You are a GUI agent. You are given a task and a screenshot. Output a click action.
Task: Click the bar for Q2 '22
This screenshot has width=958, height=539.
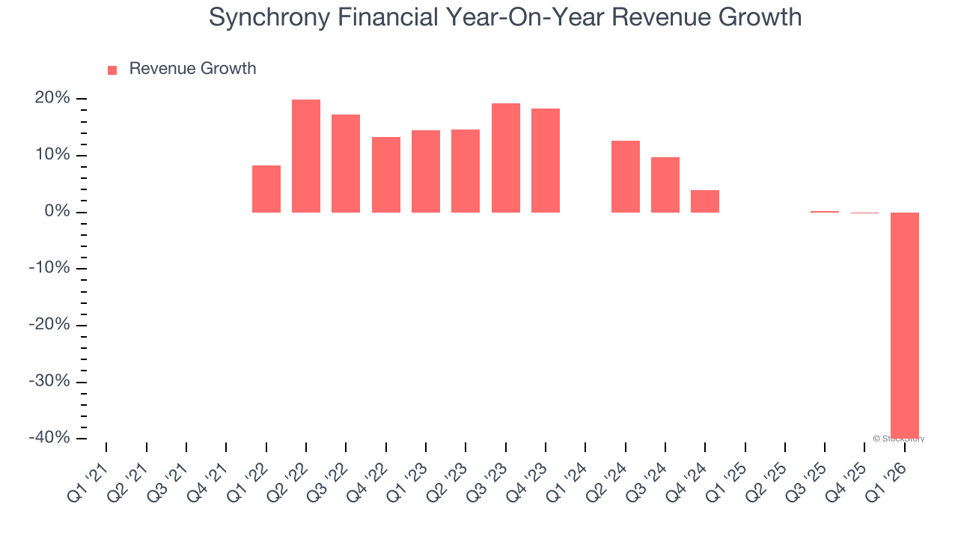click(306, 156)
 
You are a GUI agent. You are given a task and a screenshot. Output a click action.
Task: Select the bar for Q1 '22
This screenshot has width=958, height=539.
click(266, 189)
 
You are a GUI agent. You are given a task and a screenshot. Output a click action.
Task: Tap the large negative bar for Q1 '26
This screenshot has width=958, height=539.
click(904, 325)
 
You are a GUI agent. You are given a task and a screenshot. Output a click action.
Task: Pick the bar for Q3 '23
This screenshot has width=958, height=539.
click(506, 158)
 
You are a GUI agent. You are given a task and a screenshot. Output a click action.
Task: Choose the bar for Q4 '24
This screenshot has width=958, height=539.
click(705, 201)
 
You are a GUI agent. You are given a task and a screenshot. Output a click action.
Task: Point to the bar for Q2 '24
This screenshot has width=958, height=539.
click(626, 177)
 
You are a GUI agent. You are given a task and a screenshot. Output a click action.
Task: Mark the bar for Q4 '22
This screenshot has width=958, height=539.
click(386, 174)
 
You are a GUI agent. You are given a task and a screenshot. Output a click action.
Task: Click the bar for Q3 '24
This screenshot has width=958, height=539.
click(665, 185)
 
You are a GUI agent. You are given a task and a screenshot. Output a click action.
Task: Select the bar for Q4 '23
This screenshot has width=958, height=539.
click(546, 160)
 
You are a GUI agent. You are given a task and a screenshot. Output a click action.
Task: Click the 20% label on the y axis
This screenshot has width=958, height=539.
click(52, 99)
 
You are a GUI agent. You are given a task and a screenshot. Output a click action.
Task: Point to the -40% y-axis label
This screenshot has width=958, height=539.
click(49, 438)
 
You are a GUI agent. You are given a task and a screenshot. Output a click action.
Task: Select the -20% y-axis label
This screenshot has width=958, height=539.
click(49, 325)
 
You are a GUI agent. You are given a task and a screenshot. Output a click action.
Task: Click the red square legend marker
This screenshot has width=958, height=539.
click(112, 70)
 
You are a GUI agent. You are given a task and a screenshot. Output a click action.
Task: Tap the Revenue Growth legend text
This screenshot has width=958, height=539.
click(192, 69)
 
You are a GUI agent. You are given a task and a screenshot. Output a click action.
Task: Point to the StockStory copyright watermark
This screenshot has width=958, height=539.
click(898, 439)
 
